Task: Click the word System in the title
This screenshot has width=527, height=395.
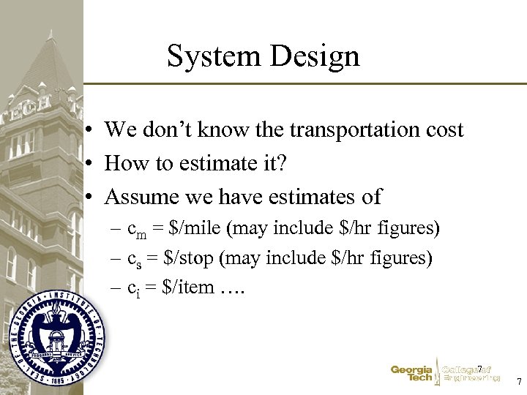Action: [213, 56]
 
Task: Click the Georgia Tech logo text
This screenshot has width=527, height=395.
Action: [411, 374]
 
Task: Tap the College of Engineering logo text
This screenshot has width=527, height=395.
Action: [471, 374]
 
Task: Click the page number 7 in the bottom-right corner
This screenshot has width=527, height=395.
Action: [518, 382]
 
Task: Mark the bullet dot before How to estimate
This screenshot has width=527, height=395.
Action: [87, 164]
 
